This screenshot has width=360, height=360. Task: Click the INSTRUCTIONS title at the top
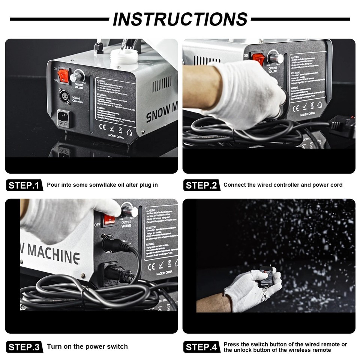180,19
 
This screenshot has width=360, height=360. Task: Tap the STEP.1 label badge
23,185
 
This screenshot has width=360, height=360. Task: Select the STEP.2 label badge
201,185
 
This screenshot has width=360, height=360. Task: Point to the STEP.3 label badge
23,347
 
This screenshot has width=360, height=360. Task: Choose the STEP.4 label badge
201,347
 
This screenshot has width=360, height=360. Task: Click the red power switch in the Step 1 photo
64,75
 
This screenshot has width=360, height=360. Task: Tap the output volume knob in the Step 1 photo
77,76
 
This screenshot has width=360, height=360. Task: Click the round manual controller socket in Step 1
63,96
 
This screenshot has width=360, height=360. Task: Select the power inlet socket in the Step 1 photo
63,118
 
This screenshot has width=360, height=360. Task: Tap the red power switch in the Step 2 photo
258,59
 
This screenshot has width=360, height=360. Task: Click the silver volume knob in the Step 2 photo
276,58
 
